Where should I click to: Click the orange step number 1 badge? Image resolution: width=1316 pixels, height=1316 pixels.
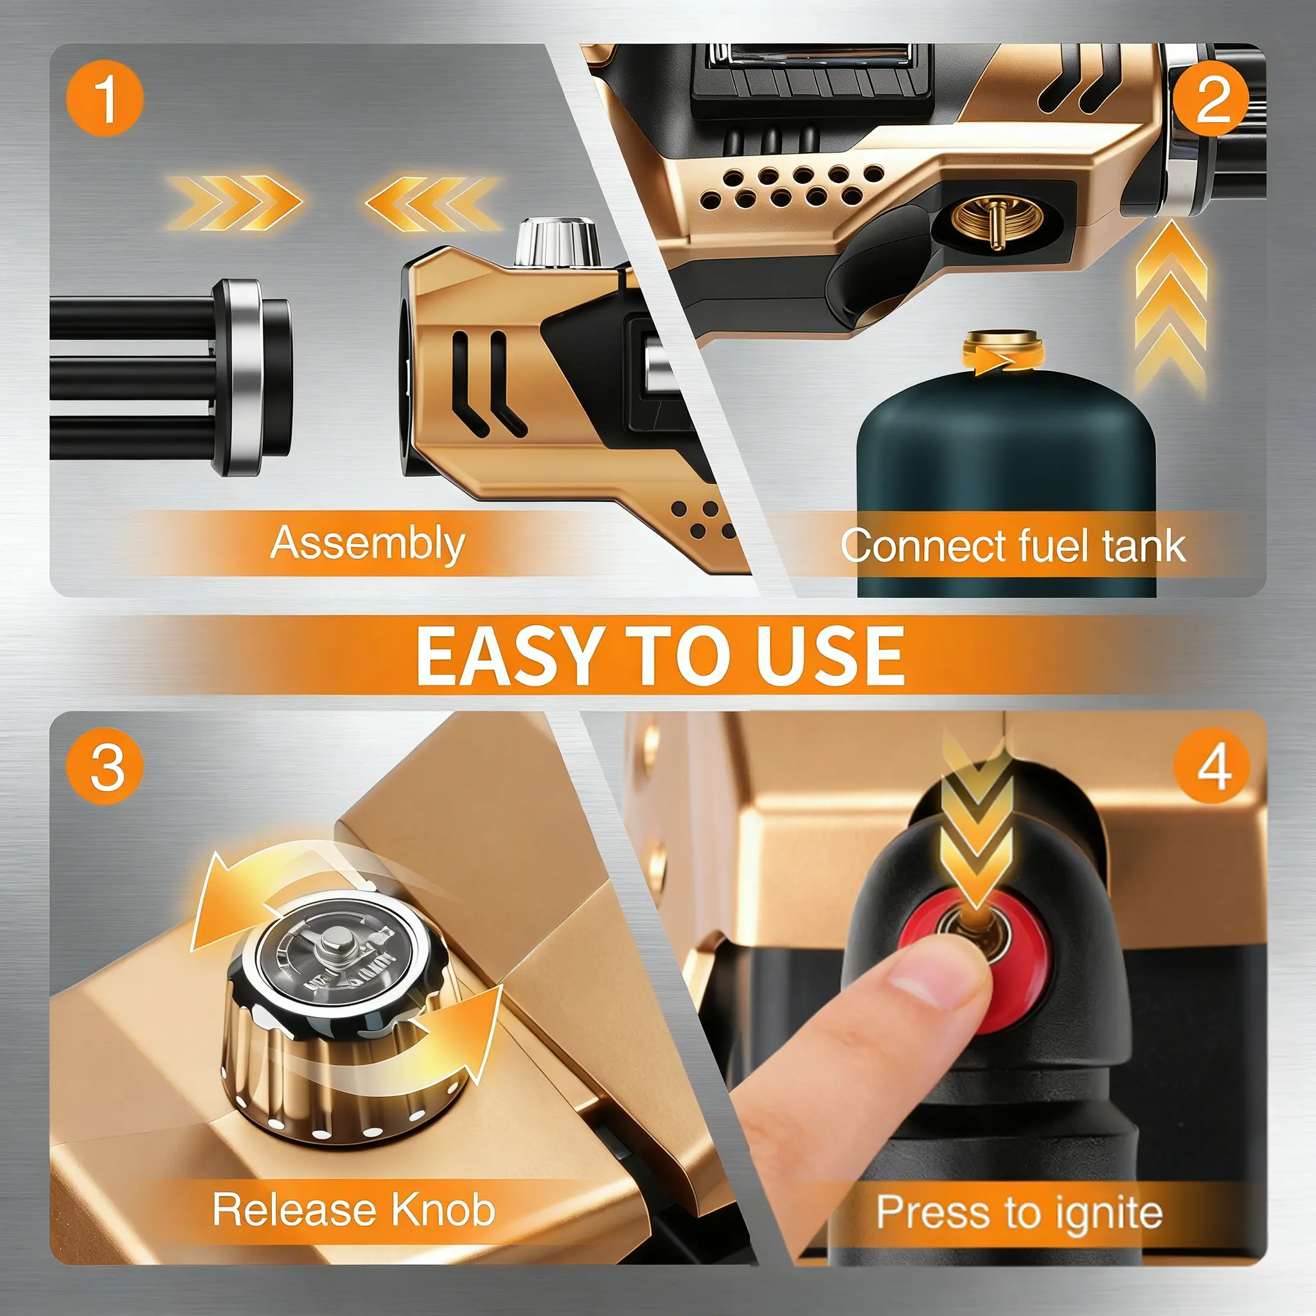(x=105, y=98)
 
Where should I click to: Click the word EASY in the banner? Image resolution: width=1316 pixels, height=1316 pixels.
(x=510, y=655)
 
